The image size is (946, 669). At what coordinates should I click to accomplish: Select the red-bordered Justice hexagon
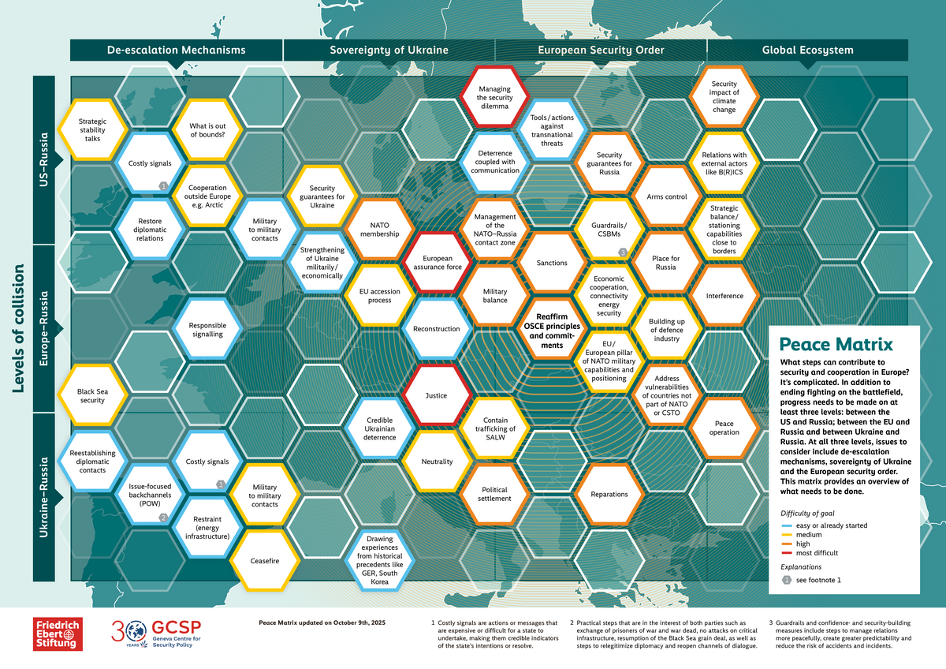[436, 396]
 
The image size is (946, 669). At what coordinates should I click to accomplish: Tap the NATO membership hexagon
[379, 229]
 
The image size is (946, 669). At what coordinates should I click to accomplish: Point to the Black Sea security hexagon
[92, 394]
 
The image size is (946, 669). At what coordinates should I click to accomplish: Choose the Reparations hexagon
[609, 494]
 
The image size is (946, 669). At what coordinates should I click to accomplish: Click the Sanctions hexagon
[552, 263]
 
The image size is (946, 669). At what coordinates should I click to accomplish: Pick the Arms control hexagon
[666, 196]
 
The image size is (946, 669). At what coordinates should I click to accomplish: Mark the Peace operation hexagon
[724, 428]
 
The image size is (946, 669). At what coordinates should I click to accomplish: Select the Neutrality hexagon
[437, 462]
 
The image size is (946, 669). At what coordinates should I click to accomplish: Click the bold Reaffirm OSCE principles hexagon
[552, 329]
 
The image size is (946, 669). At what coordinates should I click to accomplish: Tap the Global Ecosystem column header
[807, 50]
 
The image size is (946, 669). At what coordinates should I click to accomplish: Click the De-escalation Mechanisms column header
[177, 50]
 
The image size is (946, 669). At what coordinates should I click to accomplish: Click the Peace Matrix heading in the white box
[836, 345]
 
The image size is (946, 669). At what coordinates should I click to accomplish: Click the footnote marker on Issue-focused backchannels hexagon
[163, 518]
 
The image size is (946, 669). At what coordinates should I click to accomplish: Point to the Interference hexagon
[724, 296]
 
